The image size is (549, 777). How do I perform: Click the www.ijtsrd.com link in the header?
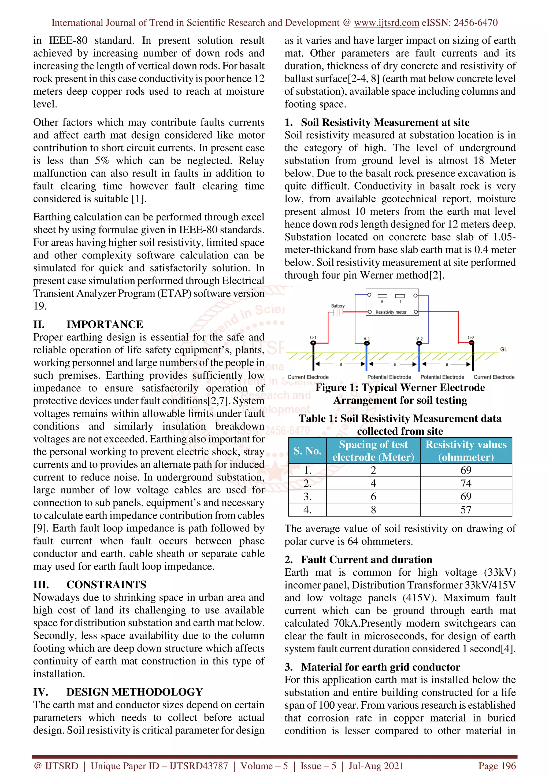point(386,23)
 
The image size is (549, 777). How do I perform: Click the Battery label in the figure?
point(337,306)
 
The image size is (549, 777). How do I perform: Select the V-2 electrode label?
point(420,338)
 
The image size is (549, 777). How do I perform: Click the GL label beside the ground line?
point(503,349)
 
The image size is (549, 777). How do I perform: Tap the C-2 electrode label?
point(471,337)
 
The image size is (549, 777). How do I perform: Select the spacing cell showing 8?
point(373,510)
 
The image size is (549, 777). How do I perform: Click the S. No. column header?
point(307,450)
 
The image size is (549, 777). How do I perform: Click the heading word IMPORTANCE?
point(105,324)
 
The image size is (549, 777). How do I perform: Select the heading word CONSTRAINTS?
point(106,584)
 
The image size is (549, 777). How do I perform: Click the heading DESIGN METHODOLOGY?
point(134,692)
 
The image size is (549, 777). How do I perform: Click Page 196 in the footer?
point(496,766)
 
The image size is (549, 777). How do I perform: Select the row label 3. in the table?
point(307,497)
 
